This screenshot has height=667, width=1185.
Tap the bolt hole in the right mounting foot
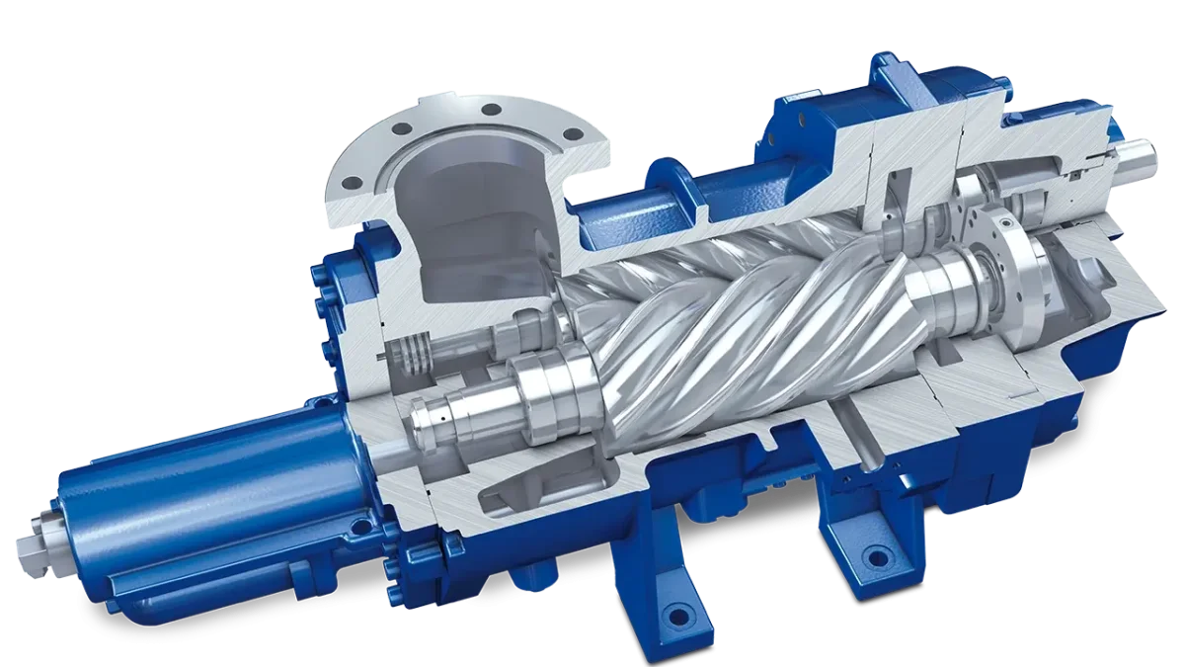(x=868, y=560)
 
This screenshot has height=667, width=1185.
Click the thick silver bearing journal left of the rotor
(x=538, y=390)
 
